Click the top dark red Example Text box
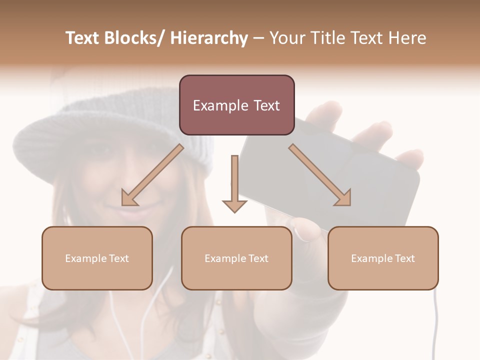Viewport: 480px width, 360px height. pos(236,105)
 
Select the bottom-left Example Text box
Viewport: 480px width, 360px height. pos(97,258)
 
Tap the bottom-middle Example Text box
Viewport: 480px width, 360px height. pos(236,258)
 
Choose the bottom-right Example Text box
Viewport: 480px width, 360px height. pos(383,258)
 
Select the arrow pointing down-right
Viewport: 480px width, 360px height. pos(320,175)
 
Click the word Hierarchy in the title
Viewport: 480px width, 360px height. pos(209,38)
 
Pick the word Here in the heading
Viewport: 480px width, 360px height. pos(407,38)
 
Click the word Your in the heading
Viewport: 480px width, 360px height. pos(287,38)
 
